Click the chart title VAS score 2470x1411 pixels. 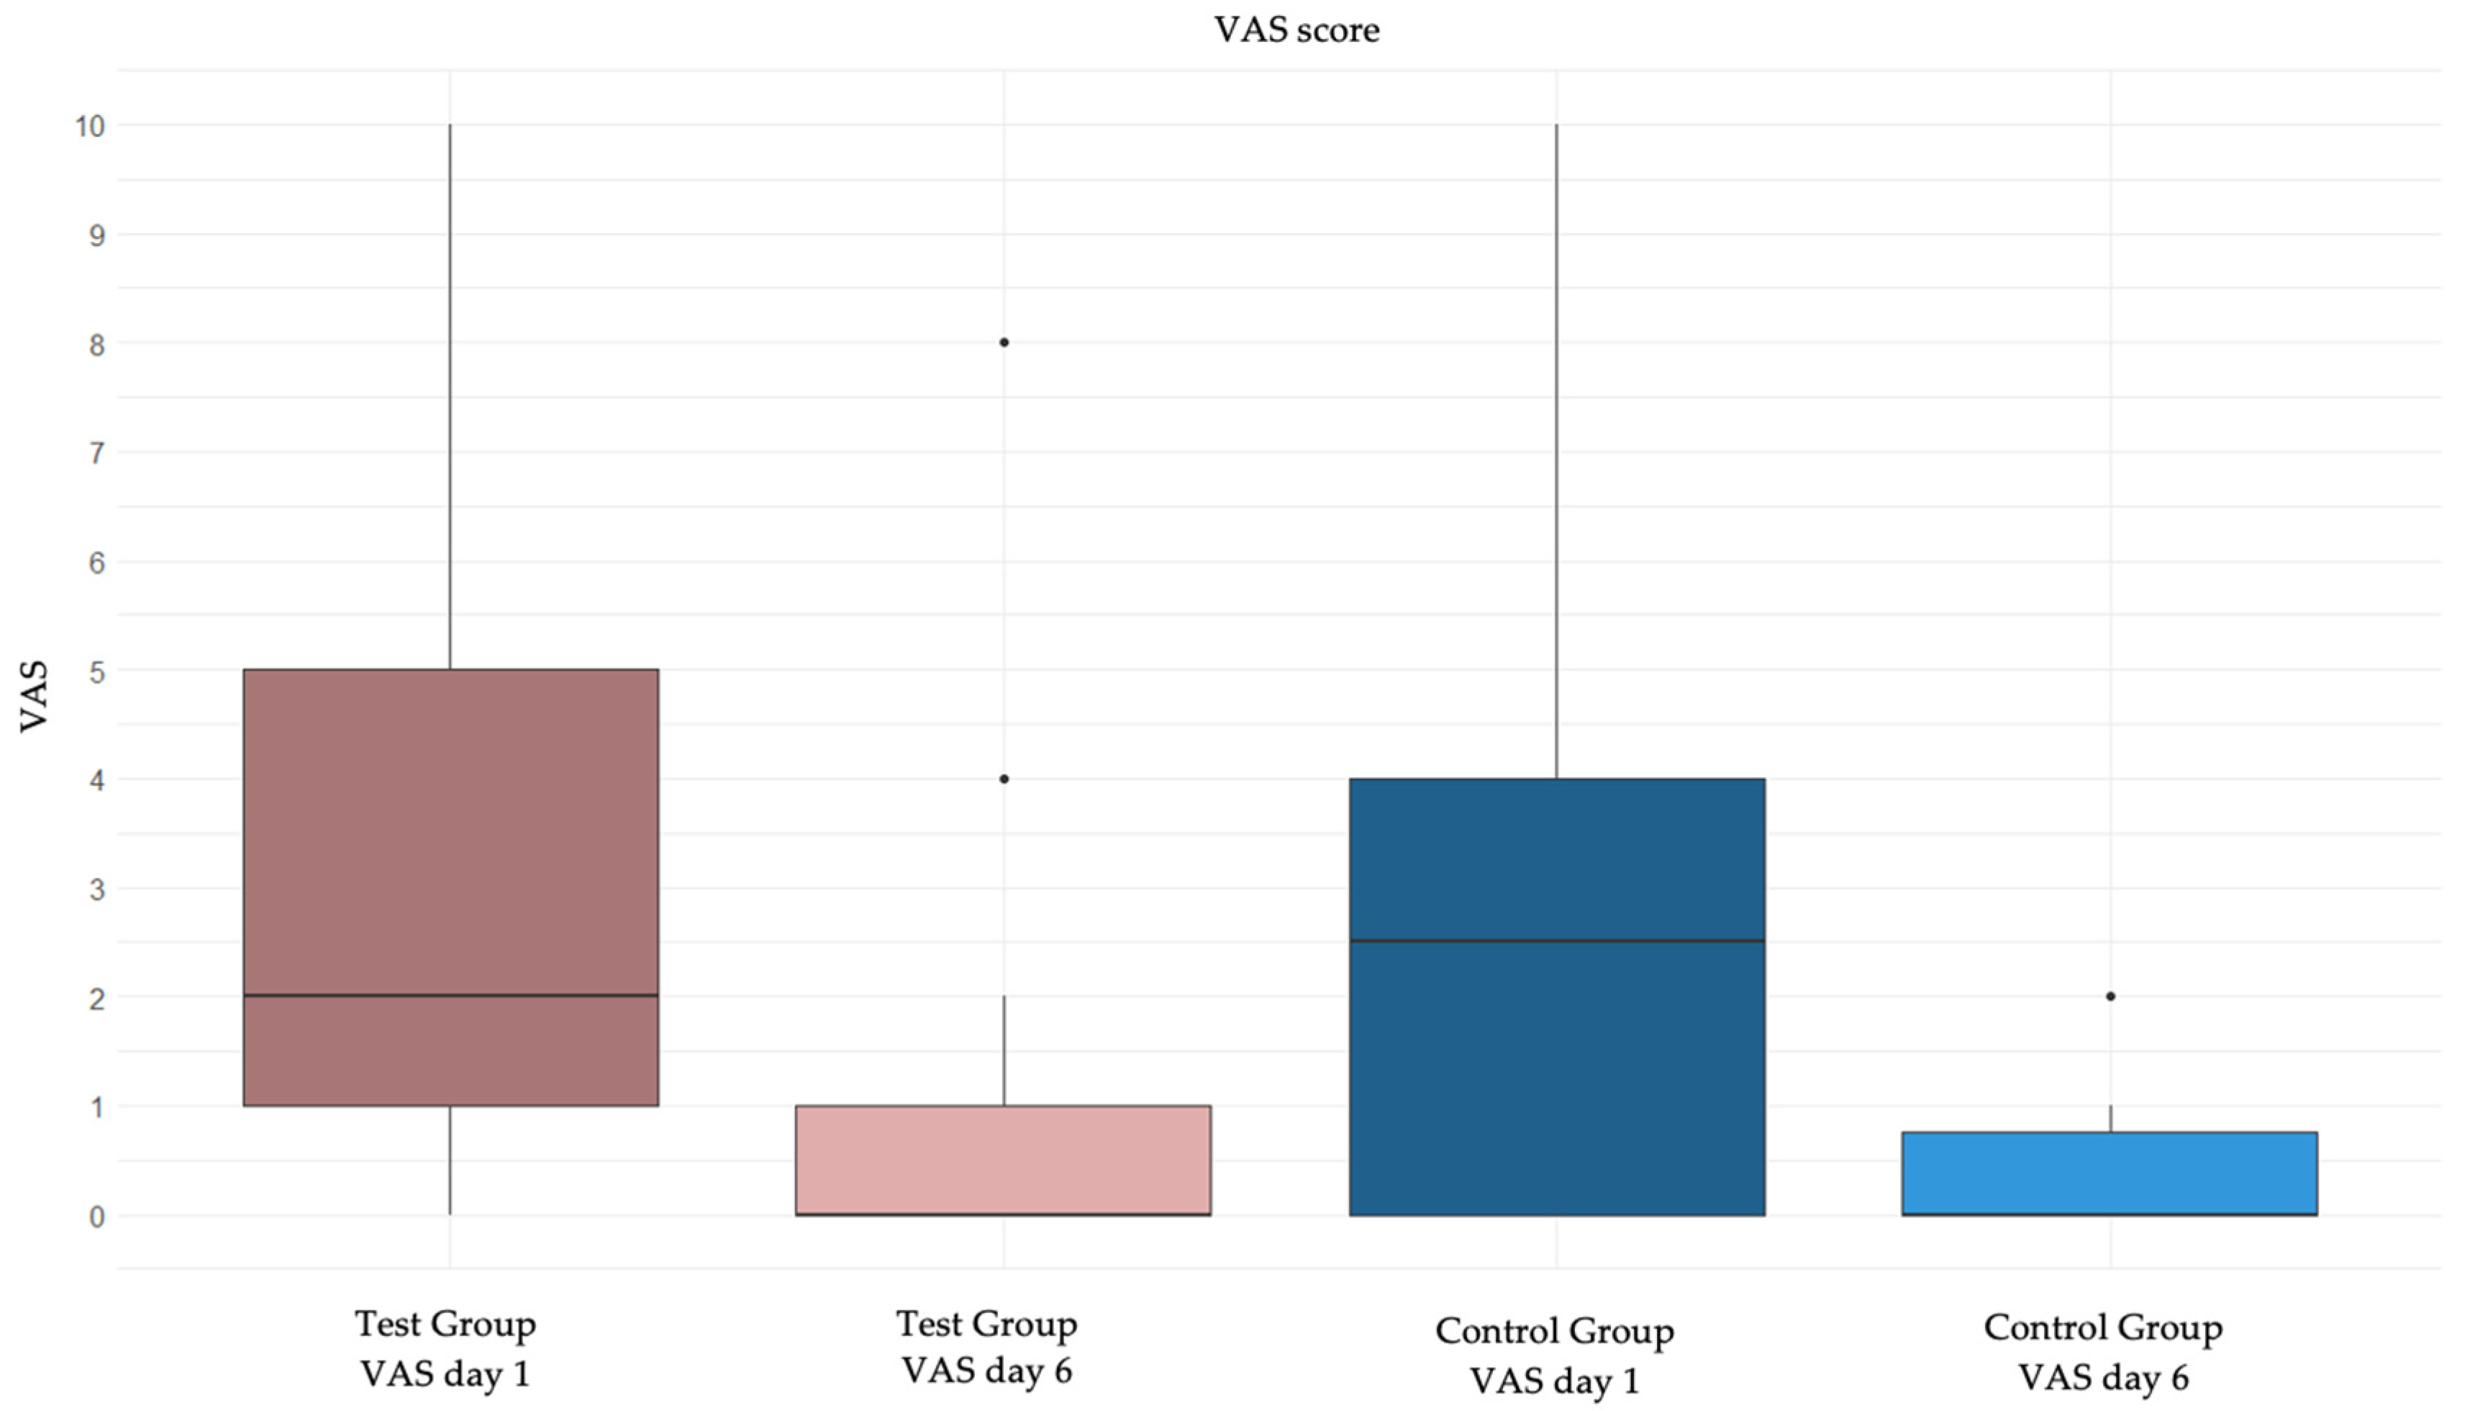1297,30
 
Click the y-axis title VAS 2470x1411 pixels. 35,696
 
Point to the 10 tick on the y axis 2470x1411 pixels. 89,126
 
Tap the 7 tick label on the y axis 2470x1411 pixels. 96,453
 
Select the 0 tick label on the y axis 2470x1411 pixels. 96,1216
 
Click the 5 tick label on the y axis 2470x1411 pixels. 96,671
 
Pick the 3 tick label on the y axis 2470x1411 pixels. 96,889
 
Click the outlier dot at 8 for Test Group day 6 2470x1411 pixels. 1004,342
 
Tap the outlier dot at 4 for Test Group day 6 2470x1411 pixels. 1004,779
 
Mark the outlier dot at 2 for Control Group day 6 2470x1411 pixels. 2110,997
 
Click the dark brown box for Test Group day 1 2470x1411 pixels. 450,833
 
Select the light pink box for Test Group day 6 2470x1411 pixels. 1003,1159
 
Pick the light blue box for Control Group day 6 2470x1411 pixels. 2110,1173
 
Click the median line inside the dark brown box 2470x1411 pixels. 450,995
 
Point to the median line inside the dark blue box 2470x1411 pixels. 1556,940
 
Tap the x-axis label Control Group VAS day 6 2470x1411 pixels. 2103,1352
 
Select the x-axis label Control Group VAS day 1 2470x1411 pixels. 1554,1355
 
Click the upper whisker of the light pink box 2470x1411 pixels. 1004,1051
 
